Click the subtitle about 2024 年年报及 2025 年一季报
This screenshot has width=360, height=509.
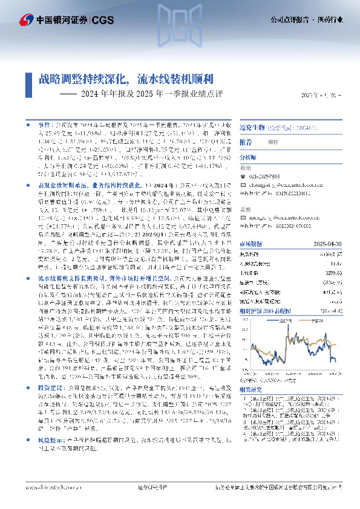(x=152, y=94)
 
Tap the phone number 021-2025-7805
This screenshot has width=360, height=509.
(x=270, y=177)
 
